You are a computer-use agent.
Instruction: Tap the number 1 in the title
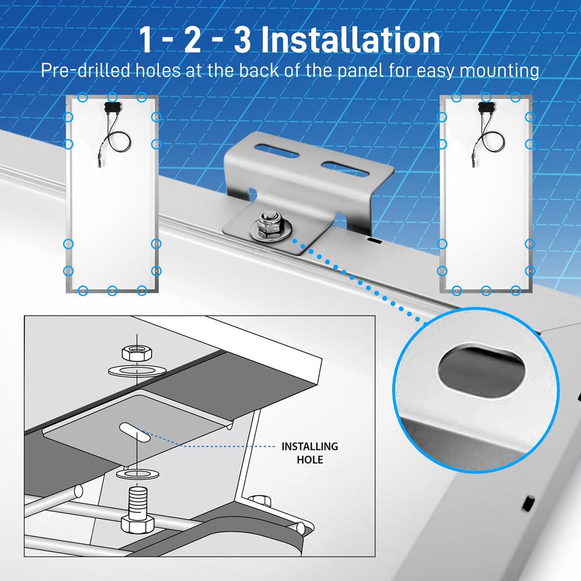pos(149,40)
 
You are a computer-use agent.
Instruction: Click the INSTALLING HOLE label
pos(310,453)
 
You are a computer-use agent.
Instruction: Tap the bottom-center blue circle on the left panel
pos(112,289)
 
